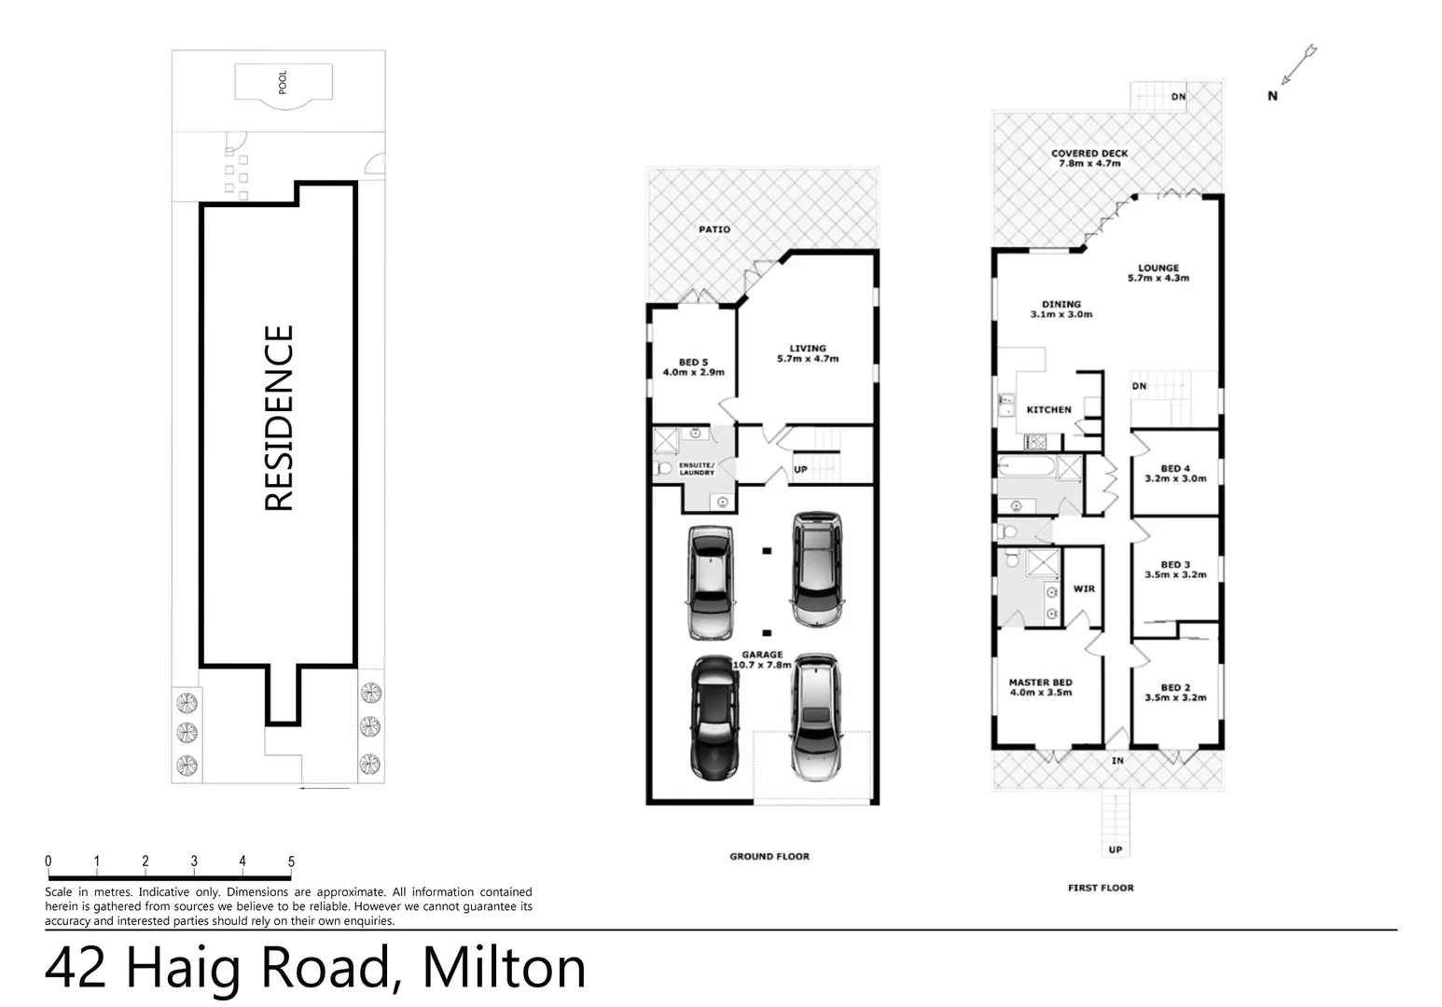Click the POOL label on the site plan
tap(283, 82)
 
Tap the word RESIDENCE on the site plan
tap(280, 418)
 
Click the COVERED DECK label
tap(1088, 153)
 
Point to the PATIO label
tap(714, 229)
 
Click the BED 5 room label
tap(692, 363)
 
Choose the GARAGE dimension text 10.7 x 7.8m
tap(762, 665)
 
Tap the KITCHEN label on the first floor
tap(1048, 409)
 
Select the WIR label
tap(1084, 588)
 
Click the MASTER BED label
tap(1040, 683)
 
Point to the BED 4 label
tap(1175, 469)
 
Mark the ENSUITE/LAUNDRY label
tap(697, 468)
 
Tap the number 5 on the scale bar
tap(291, 862)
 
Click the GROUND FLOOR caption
tap(770, 856)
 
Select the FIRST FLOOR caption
tap(1101, 888)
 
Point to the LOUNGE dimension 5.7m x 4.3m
tap(1158, 278)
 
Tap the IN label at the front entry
tap(1116, 761)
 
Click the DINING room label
tap(1061, 304)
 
